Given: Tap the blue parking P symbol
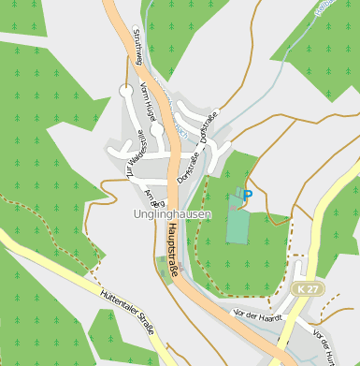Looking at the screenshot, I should coord(248,195).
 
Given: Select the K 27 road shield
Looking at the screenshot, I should coord(303,290).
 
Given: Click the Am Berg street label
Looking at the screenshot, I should coord(154,198).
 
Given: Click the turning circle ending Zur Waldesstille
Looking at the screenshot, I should coord(126,91).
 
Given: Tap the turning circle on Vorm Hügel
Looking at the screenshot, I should coord(157,130).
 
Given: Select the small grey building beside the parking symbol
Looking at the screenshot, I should coord(238,197).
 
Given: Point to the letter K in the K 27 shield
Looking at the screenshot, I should coord(297,290).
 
